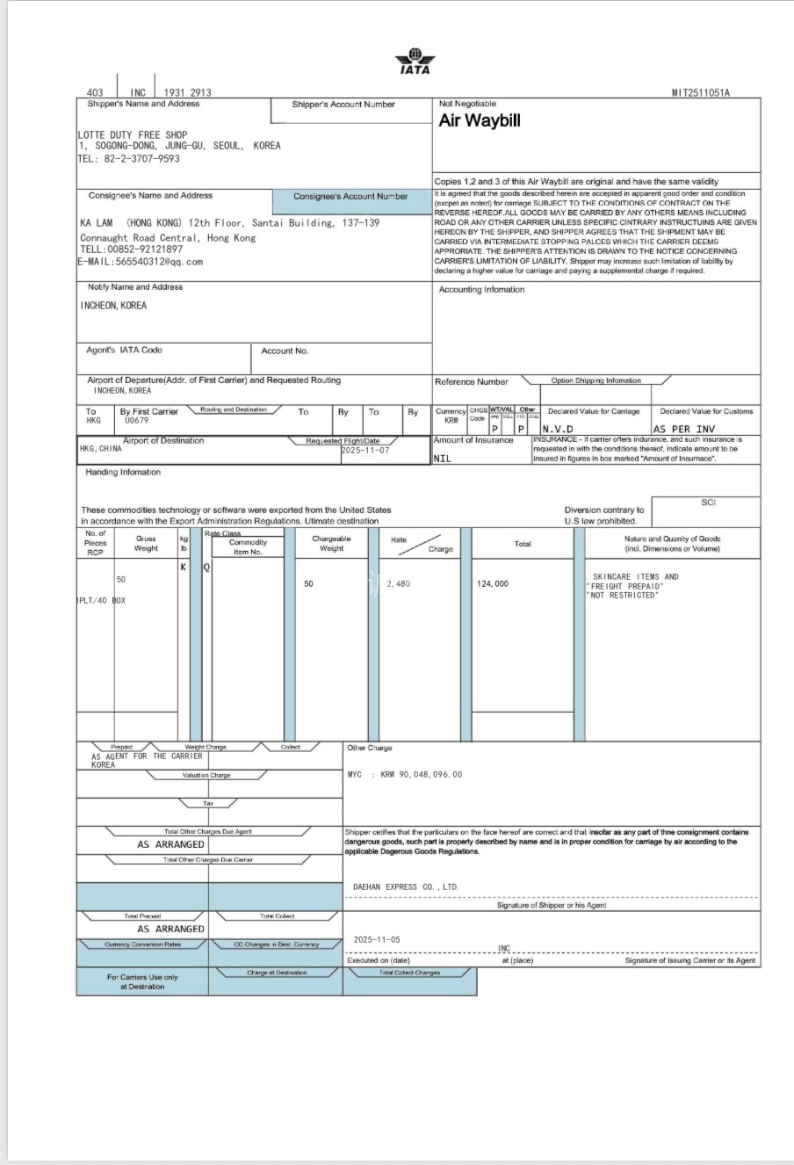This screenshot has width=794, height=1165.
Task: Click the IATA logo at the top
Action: click(x=415, y=62)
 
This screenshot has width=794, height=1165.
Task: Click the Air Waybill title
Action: click(x=480, y=121)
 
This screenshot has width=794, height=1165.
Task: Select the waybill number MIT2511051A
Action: click(x=701, y=92)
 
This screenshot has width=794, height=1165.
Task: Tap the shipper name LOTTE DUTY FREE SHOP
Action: click(x=133, y=135)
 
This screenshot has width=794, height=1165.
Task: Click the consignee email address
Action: click(x=141, y=261)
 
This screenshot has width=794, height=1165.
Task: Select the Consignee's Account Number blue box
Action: click(x=350, y=197)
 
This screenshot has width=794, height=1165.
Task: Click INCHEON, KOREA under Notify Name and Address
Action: click(x=113, y=306)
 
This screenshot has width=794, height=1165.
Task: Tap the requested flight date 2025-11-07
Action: click(x=365, y=450)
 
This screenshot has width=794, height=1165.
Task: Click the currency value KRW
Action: click(x=451, y=421)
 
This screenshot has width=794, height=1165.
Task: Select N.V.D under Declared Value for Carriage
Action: click(x=558, y=429)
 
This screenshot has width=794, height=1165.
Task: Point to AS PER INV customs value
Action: click(x=683, y=429)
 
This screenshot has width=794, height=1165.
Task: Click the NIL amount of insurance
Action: click(x=443, y=458)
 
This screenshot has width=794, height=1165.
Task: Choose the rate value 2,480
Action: click(x=398, y=583)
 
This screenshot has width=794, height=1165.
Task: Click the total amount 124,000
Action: click(x=493, y=583)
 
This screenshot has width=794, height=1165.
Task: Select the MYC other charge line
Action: click(x=405, y=775)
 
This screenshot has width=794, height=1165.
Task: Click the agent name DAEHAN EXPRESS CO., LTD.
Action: click(x=406, y=887)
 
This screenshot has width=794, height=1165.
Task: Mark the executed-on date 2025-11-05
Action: click(x=377, y=939)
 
